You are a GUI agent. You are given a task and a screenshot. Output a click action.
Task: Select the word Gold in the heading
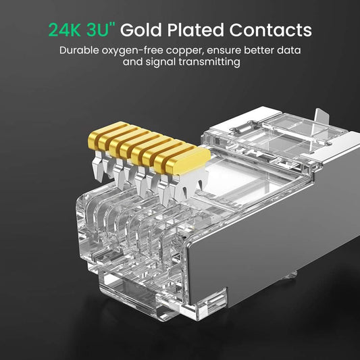143,30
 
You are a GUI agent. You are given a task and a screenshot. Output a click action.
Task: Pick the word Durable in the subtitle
78,51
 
